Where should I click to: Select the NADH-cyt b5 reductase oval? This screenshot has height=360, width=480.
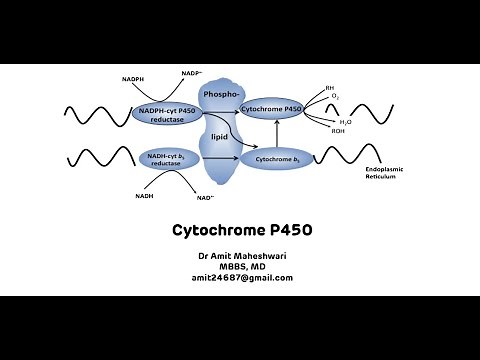(x=167, y=159)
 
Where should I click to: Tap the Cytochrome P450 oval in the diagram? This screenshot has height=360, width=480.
(x=271, y=107)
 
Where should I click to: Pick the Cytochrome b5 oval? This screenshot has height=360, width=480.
(x=272, y=158)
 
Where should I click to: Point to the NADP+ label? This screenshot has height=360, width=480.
(x=191, y=74)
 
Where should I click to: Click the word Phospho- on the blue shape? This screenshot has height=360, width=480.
(x=219, y=94)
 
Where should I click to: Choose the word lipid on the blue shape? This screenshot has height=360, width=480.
(x=220, y=134)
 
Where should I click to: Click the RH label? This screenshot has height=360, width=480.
(x=330, y=88)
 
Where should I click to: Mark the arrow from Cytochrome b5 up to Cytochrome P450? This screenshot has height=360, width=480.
(x=275, y=134)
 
